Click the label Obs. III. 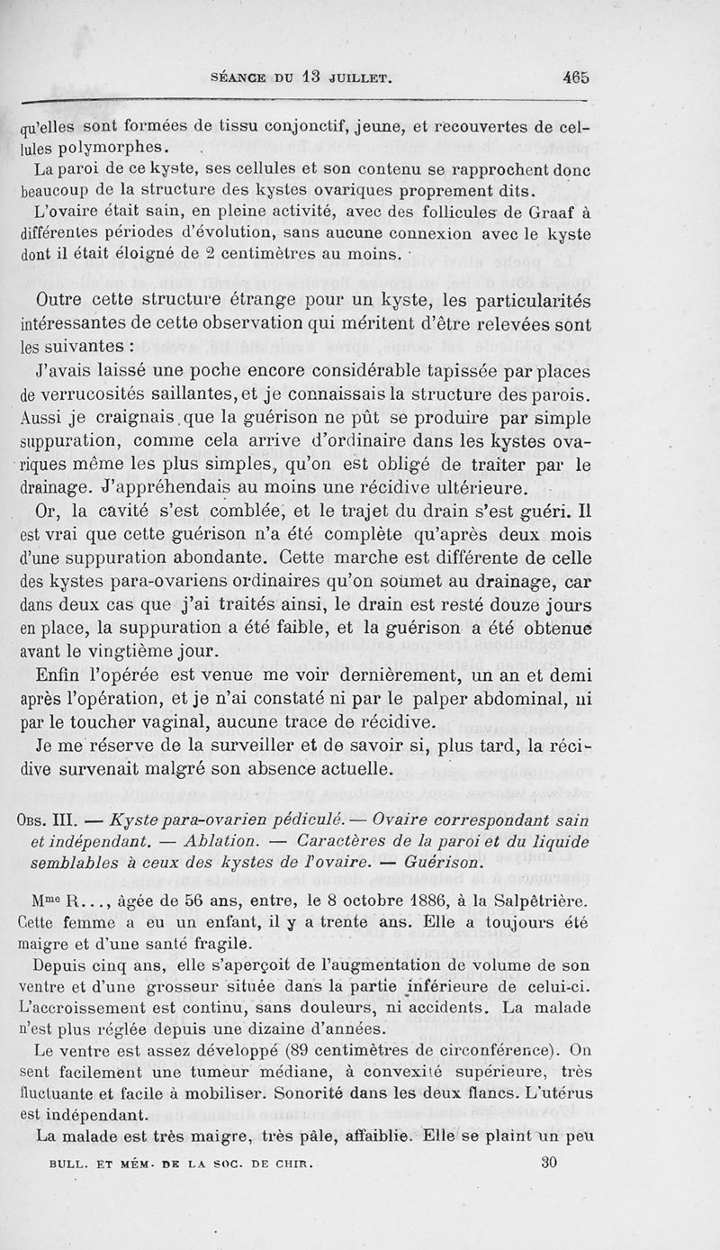coord(51,819)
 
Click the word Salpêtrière coord(548,900)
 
